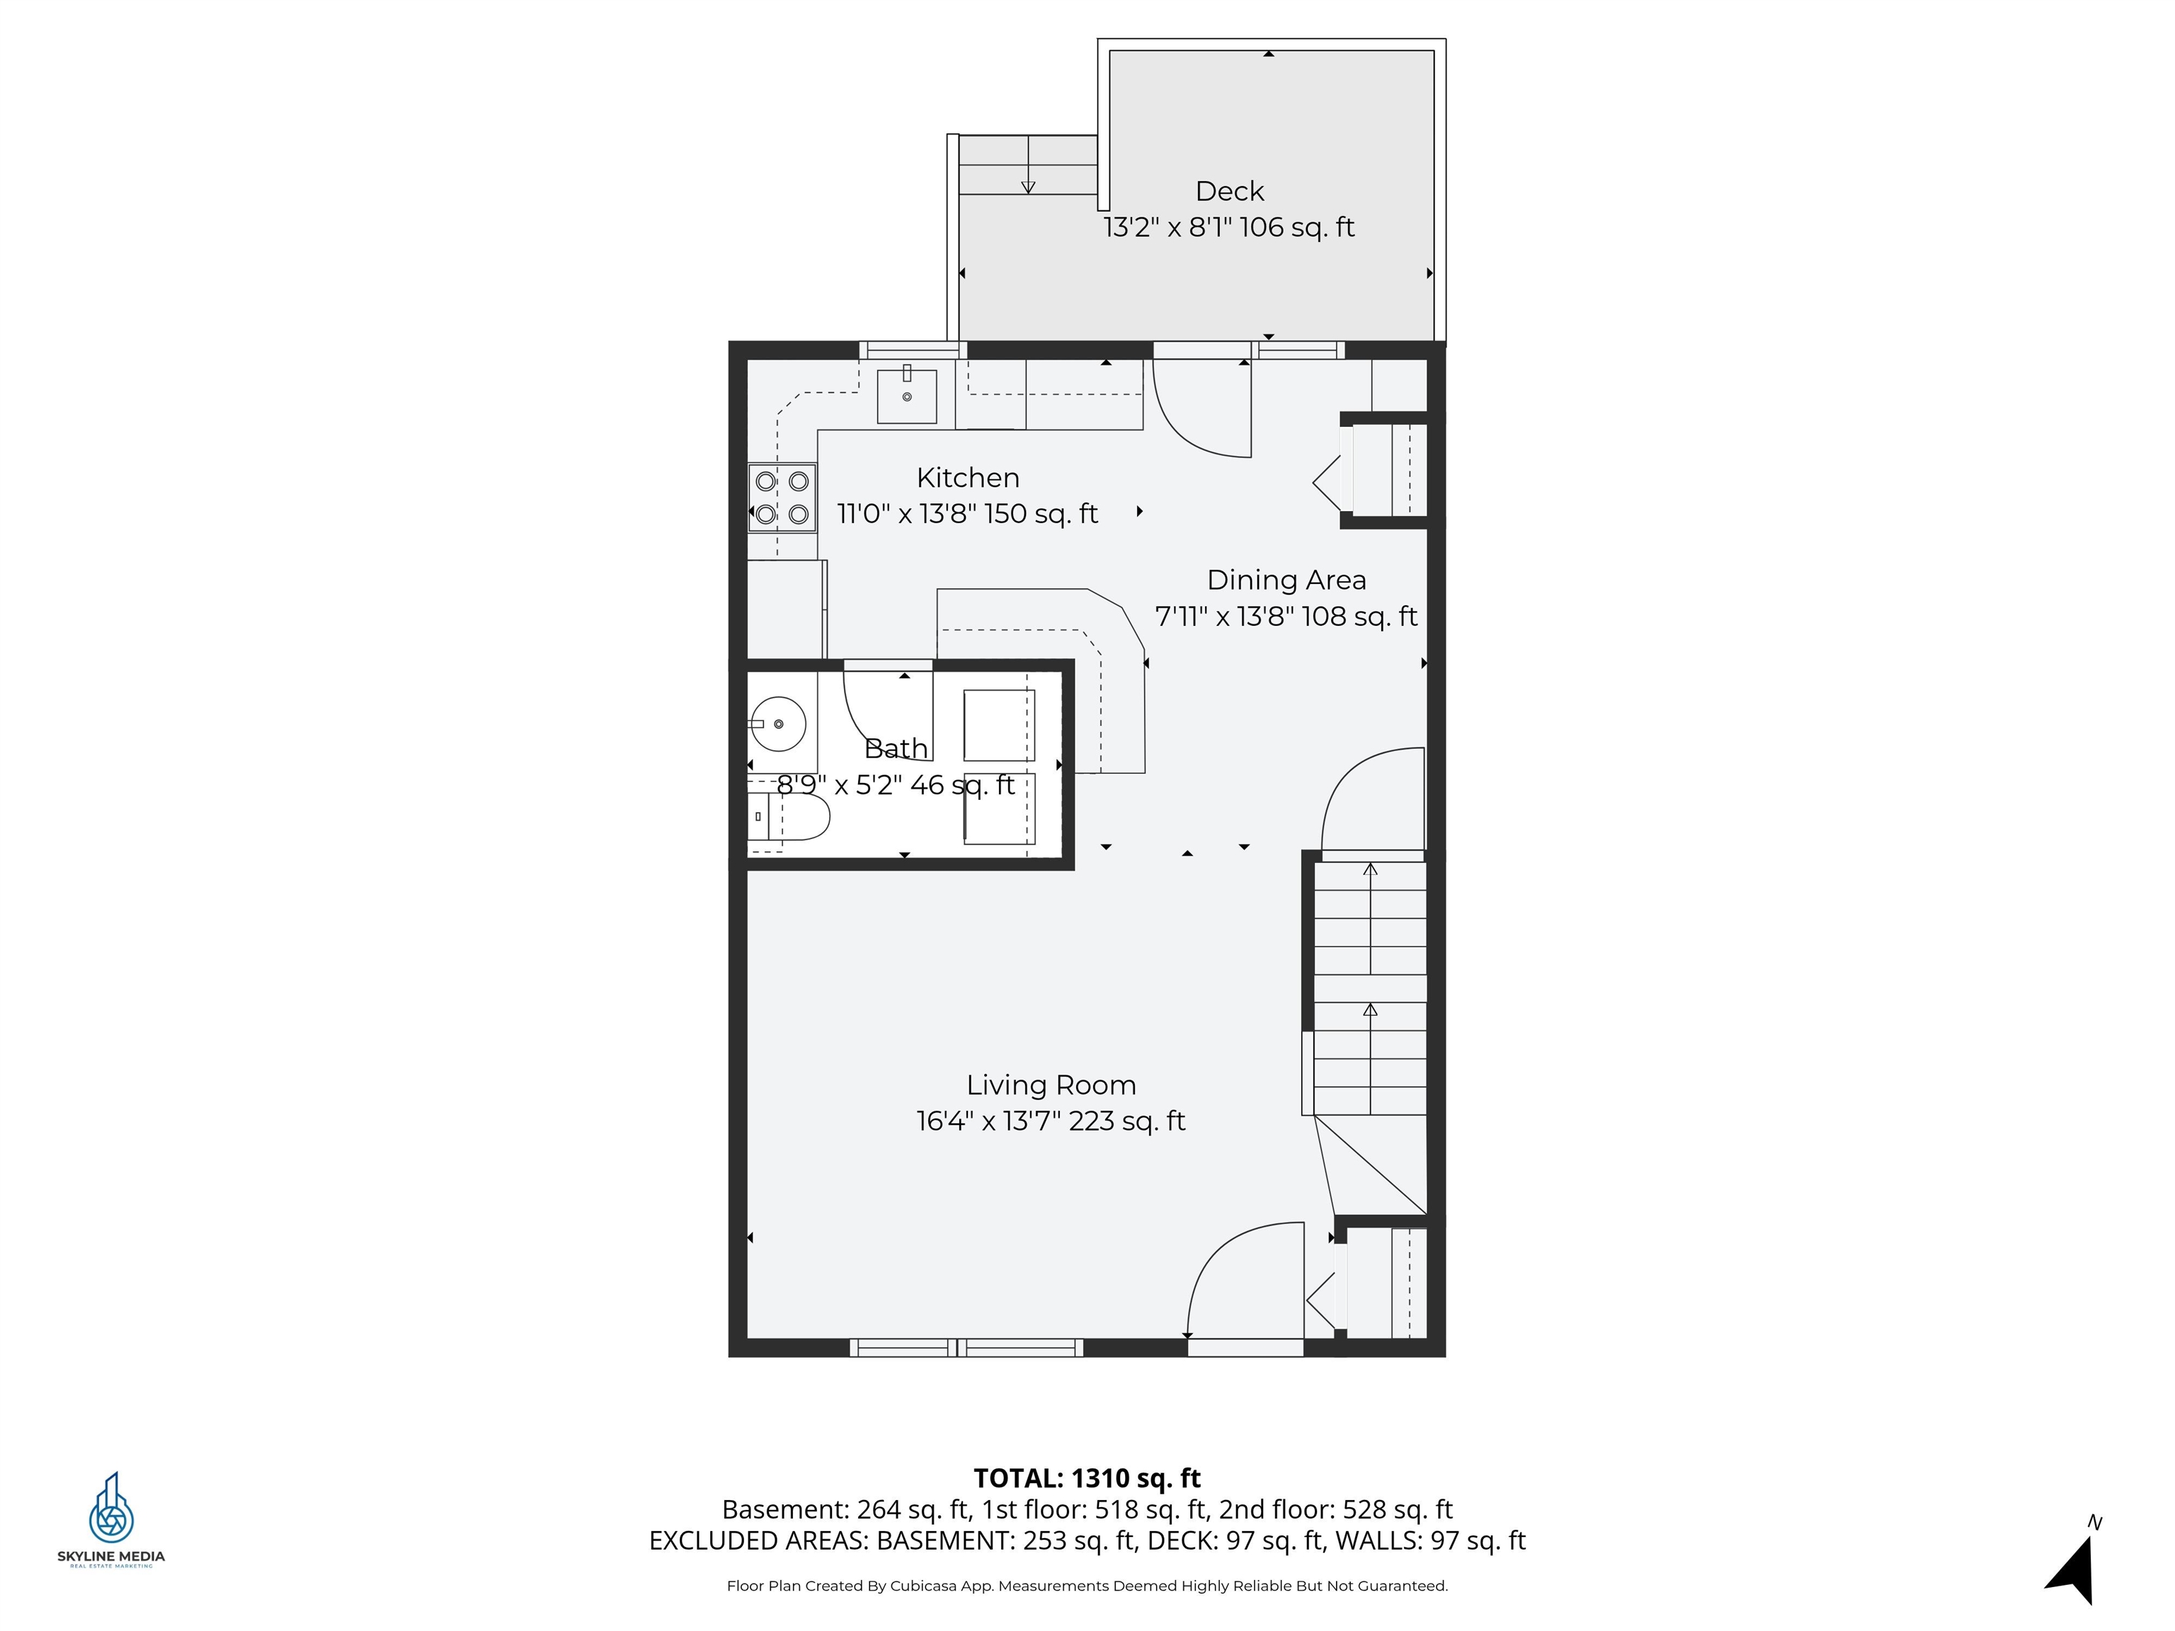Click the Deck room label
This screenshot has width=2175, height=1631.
click(x=1228, y=192)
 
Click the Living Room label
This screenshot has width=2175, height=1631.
click(x=1050, y=1085)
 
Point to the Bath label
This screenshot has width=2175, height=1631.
click(x=895, y=748)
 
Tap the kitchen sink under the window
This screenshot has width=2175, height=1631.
click(x=906, y=394)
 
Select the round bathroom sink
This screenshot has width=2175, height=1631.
click(x=778, y=723)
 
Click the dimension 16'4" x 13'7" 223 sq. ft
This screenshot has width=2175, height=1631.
click(x=1050, y=1121)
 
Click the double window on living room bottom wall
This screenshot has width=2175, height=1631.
click(x=966, y=1348)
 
